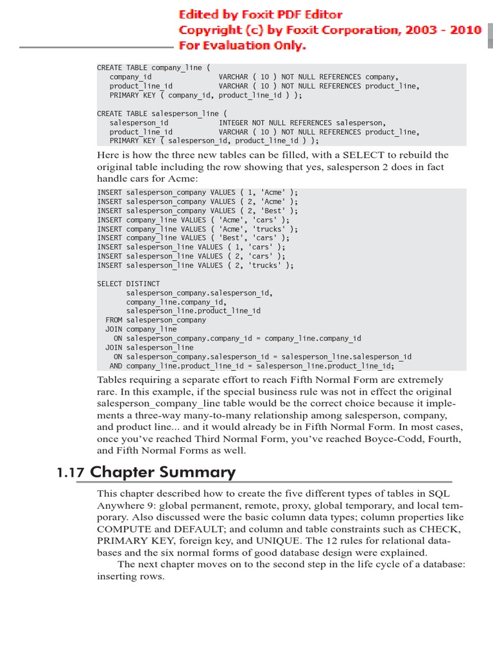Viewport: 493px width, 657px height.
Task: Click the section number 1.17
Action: click(70, 473)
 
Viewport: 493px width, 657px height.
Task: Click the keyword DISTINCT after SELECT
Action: click(143, 284)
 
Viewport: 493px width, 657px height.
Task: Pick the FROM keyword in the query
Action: click(114, 320)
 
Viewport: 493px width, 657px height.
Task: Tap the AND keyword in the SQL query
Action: click(116, 366)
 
